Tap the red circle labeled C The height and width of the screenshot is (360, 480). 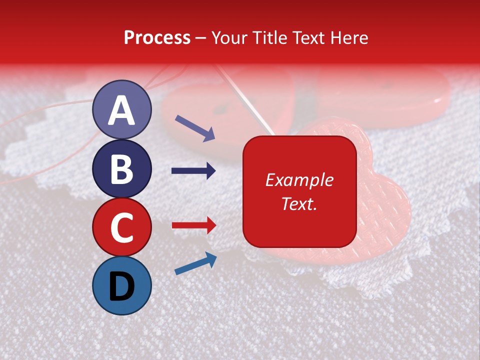point(122,227)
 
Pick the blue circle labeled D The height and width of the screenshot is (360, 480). point(122,285)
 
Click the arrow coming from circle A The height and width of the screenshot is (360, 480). point(195,128)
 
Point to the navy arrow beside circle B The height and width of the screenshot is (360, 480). point(193,171)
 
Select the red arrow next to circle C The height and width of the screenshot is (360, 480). point(194,225)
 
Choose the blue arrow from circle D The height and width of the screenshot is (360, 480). point(195,264)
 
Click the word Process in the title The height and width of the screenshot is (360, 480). point(157,37)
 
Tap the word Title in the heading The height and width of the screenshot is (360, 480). point(265,37)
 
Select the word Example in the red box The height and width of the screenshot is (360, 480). point(299,180)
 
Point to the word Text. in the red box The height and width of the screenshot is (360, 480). point(299,203)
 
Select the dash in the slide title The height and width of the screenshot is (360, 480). point(201,38)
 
